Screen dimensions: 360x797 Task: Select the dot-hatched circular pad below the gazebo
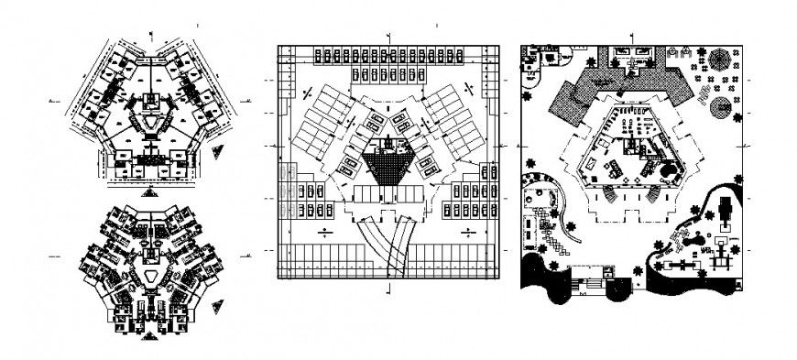[721, 104]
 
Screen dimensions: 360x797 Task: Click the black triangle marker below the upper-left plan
[148, 191]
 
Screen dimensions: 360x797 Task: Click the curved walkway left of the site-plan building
[573, 201]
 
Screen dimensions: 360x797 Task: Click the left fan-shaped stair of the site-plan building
[607, 192]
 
